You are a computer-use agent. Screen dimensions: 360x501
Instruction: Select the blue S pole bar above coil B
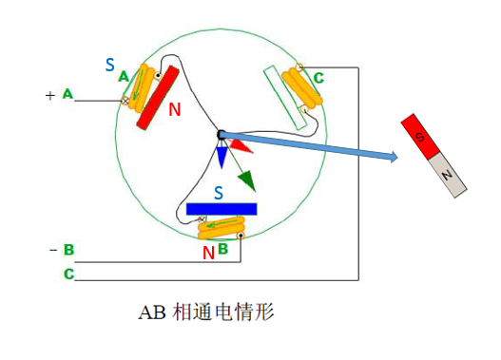point(222,208)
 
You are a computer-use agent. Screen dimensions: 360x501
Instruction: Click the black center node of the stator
point(222,136)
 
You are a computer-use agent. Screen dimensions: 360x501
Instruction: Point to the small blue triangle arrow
point(222,155)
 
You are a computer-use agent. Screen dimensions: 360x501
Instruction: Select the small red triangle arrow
point(240,146)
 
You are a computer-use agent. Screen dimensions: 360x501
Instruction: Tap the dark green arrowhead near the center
point(246,178)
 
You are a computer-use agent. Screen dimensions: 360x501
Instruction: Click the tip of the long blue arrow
point(394,158)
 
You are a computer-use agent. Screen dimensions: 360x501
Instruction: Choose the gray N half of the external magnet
point(447,174)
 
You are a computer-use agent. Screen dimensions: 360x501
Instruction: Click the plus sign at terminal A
point(50,95)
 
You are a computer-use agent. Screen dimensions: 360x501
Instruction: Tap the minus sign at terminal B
point(51,250)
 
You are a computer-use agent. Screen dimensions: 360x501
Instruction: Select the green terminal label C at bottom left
point(68,274)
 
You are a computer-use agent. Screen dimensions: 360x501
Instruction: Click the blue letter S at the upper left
point(109,66)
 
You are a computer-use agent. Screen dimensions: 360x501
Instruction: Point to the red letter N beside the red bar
point(174,110)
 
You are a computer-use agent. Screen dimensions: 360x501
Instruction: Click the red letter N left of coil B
point(207,253)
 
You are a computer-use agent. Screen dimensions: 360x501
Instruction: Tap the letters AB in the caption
point(153,312)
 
